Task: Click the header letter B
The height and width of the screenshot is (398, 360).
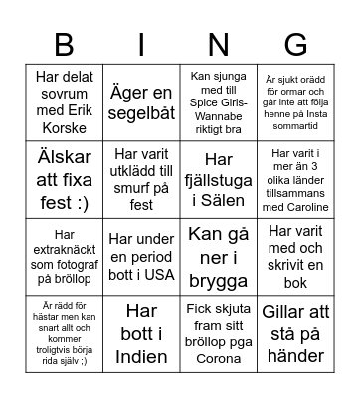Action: tap(63, 43)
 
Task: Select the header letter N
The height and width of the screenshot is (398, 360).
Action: tap(219, 43)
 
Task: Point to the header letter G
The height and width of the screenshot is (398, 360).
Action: tap(295, 43)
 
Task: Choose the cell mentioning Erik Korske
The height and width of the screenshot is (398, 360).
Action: tap(63, 101)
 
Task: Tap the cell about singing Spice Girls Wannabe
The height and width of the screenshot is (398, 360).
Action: tap(218, 101)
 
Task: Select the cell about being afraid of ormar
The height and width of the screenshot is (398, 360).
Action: tap(295, 101)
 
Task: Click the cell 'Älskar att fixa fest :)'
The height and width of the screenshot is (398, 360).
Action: tap(63, 179)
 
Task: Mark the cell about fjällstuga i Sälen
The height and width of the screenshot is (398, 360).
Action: tap(218, 179)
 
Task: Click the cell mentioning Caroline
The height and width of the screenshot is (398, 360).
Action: tap(295, 179)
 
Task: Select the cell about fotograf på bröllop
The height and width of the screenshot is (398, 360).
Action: tap(63, 257)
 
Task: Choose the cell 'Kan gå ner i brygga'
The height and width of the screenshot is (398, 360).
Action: tap(218, 257)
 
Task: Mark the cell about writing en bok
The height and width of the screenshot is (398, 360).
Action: tap(295, 257)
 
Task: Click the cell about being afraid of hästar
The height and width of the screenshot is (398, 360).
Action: tap(63, 333)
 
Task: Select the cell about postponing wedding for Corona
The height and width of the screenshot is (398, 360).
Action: tap(218, 333)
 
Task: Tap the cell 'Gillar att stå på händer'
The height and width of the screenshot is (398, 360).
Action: tap(295, 333)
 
